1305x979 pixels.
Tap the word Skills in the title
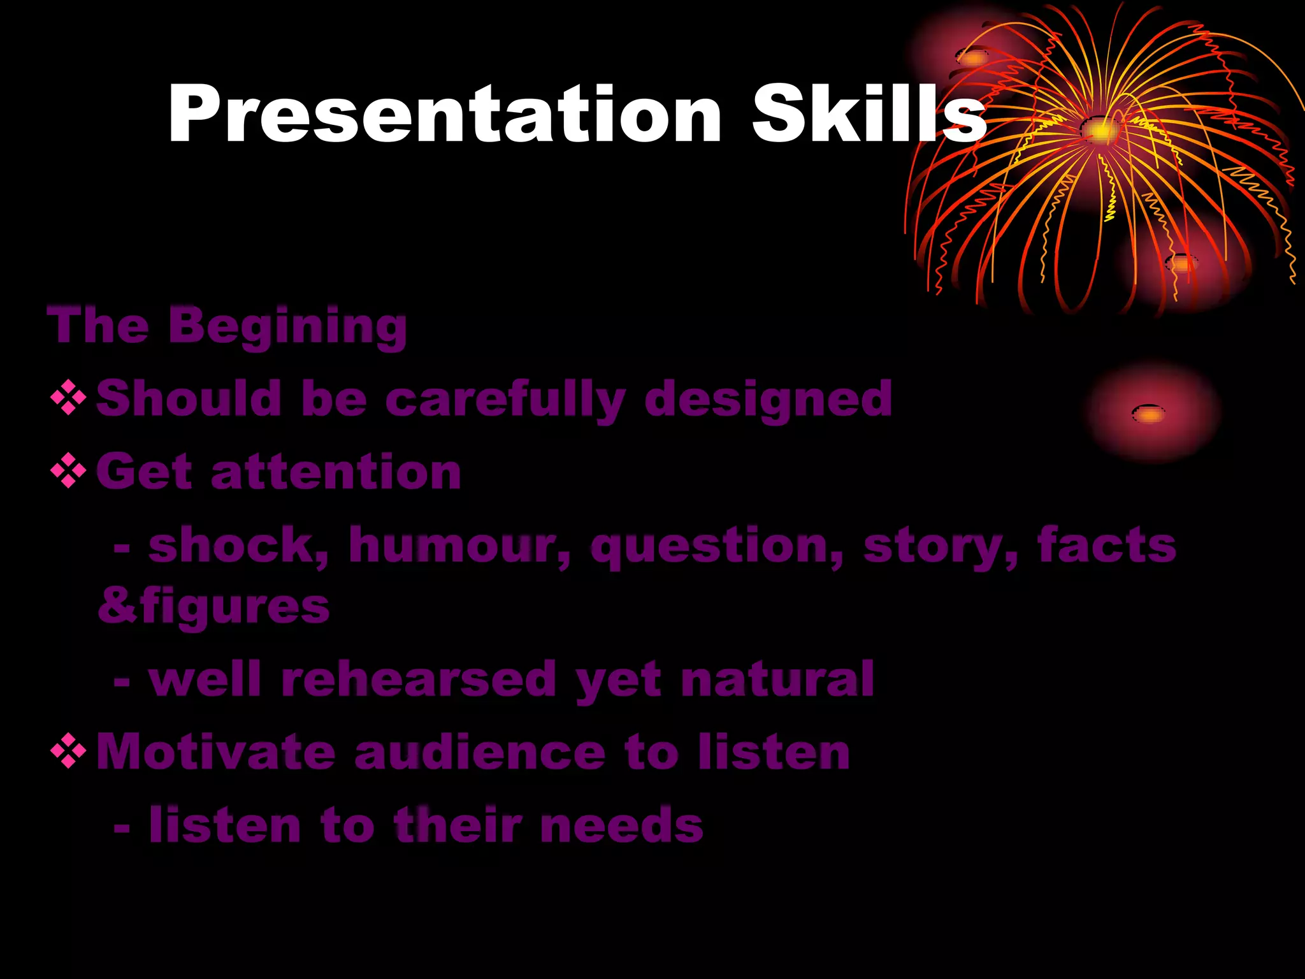coord(868,115)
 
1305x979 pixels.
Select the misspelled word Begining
coord(287,327)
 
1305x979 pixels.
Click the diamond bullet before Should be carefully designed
coord(68,398)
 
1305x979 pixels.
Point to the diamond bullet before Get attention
coord(68,472)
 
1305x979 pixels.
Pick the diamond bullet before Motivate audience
coord(68,753)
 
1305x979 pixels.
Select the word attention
coord(336,472)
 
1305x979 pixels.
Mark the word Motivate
coord(215,753)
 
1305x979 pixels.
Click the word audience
coord(479,753)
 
